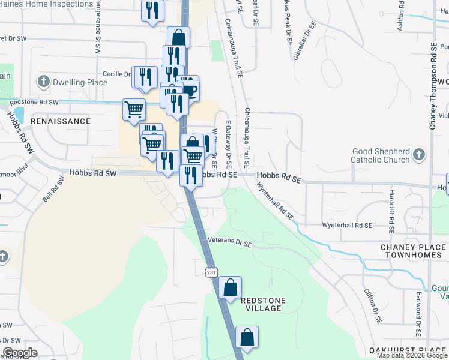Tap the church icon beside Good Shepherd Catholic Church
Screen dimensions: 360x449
pos(419,155)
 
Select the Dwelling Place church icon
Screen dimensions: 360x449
pos(43,81)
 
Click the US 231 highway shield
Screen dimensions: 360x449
pos(209,272)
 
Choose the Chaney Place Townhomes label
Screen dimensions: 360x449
pos(414,251)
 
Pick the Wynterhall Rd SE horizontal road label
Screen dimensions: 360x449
pos(348,225)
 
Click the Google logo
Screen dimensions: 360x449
pos(20,353)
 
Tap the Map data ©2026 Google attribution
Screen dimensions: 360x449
pos(412,355)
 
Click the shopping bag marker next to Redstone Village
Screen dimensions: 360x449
pos(231,287)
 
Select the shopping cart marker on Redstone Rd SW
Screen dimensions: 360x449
pos(134,109)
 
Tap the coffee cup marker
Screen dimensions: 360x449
pos(190,90)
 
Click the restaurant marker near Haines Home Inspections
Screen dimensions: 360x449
pos(152,10)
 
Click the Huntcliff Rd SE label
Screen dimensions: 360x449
pos(391,211)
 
